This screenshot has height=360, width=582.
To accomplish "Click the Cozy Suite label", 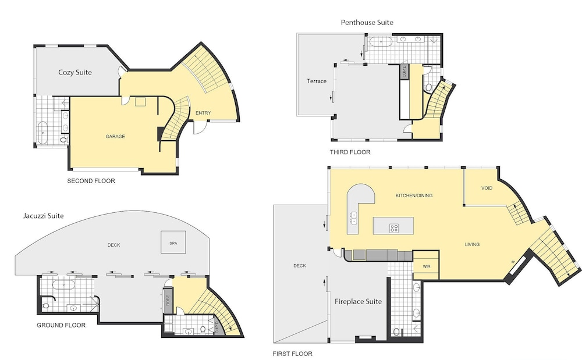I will tap(75, 73).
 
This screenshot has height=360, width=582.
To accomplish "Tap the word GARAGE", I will tap(115, 137).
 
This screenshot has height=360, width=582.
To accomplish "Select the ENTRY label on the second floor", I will tap(203, 113).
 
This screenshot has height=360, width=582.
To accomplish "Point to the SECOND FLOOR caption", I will tap(91, 181).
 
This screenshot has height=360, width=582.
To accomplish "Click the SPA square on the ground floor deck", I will tap(173, 243).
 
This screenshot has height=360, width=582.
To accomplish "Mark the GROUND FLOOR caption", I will tap(61, 325).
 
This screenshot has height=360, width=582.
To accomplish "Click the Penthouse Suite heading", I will tap(367, 23).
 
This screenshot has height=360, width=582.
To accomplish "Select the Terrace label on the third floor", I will tap(317, 81).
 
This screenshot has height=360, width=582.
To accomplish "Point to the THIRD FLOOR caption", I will tap(350, 152).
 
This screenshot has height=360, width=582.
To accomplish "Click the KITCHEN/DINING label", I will tap(414, 195).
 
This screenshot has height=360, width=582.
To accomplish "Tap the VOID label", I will tap(487, 188).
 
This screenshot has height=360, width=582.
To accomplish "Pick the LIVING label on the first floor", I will tap(472, 244).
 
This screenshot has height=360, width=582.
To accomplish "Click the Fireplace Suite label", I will tap(358, 301).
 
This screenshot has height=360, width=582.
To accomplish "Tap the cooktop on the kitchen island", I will tap(393, 228).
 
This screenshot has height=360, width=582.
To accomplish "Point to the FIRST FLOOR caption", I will tap(292, 354).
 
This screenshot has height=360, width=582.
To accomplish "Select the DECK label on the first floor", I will tap(299, 266).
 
